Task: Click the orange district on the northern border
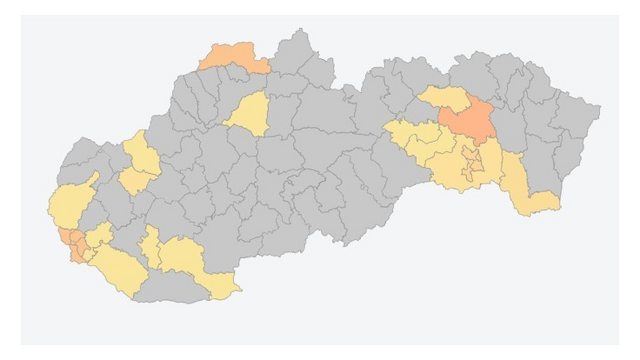tap(233, 58)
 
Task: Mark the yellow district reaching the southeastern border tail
tap(528, 190)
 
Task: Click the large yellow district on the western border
tap(70, 205)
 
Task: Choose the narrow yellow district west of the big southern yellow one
tap(150, 250)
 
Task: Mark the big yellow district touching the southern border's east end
tap(190, 262)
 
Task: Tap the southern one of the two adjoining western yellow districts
tap(132, 181)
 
